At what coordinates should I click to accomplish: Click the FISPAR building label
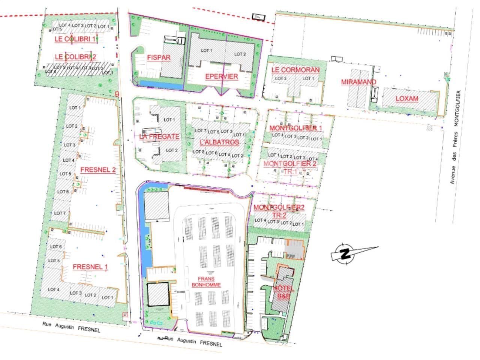pos(159,58)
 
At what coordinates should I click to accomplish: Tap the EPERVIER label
pos(221,76)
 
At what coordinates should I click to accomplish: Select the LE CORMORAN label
pos(295,70)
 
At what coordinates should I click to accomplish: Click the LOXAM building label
pos(407,99)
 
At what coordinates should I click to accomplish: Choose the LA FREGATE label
pos(159,136)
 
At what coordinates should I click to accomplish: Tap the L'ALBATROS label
pos(219,142)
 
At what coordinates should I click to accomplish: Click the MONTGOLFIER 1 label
pos(296,128)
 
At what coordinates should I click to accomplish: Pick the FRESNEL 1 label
pos(90,267)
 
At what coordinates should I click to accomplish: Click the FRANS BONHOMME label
pos(206,282)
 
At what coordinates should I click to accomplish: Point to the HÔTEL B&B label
pos(283,292)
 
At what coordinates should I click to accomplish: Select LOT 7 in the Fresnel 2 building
pos(60,213)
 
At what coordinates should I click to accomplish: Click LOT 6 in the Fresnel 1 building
pos(55,247)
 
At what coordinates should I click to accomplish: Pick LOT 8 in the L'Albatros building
pos(198,152)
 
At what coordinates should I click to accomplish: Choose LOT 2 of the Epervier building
pos(240,54)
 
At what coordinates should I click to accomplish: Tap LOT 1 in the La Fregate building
pos(169,120)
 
